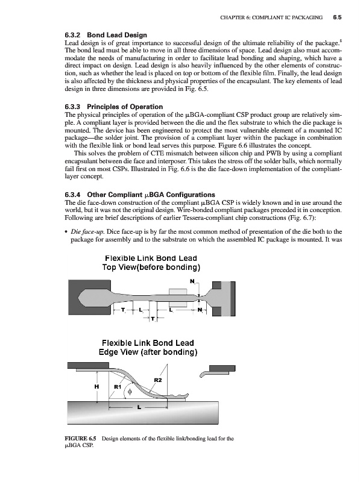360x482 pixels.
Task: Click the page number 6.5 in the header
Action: [337, 17]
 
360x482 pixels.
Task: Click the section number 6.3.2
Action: [72, 35]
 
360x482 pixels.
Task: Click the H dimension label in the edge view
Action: [96, 387]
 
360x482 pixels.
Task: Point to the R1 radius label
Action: [118, 386]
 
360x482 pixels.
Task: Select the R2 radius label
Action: [158, 380]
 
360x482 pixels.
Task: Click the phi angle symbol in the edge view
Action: [130, 392]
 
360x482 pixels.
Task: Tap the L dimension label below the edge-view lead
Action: [139, 408]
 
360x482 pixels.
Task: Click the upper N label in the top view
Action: [192, 281]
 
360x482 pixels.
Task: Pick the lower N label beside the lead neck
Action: [200, 310]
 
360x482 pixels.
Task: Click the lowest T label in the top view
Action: [153, 319]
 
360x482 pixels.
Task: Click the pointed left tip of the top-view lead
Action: [79, 297]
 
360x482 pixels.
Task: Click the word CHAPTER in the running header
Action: [233, 17]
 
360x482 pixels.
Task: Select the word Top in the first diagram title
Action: [109, 268]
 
